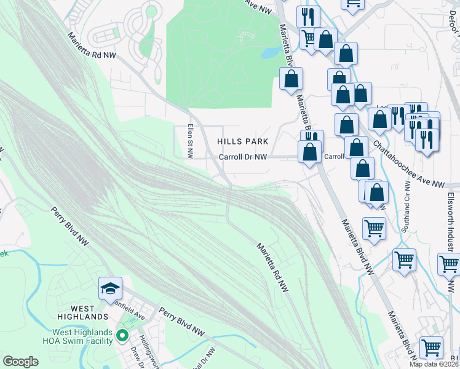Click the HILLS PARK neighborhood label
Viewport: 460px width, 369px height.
point(243,141)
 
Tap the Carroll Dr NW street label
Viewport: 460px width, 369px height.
point(244,157)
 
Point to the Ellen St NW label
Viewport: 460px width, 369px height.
point(190,142)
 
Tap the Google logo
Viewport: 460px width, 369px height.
point(20,362)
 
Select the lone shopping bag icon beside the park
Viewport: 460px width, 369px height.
point(291,79)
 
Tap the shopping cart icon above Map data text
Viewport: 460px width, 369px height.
point(431,348)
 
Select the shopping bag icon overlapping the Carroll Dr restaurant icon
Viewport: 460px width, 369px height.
point(309,151)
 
